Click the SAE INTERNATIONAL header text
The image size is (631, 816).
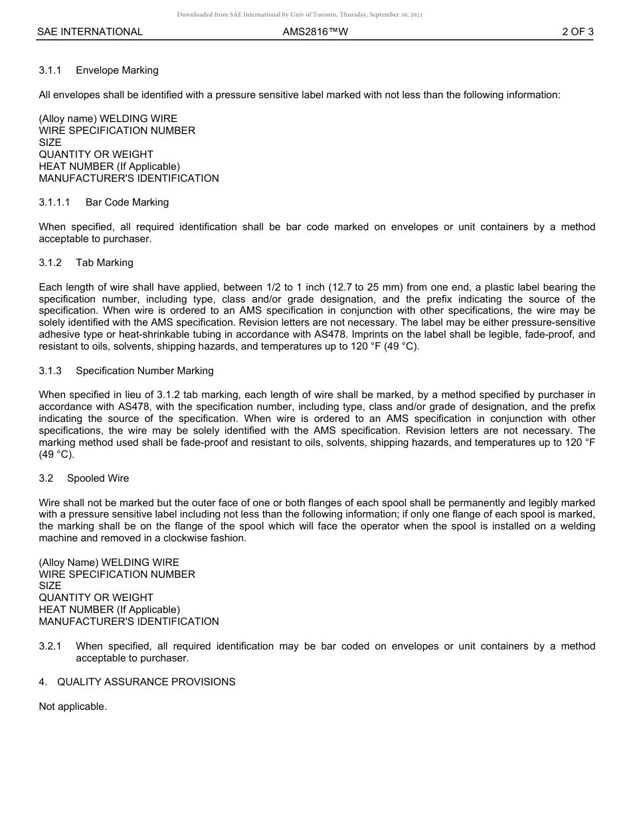pyautogui.click(x=90, y=32)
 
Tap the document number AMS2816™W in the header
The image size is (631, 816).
pyautogui.click(x=315, y=32)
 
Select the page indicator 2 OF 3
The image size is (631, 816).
pyautogui.click(x=577, y=32)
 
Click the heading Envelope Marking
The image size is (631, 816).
pyautogui.click(x=117, y=70)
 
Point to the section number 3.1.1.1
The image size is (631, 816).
pyautogui.click(x=54, y=202)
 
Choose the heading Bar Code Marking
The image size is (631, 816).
pyautogui.click(x=127, y=202)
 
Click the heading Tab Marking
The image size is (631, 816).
pyautogui.click(x=104, y=263)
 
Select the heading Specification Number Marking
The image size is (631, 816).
pyautogui.click(x=144, y=371)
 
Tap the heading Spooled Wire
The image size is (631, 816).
pyautogui.click(x=98, y=478)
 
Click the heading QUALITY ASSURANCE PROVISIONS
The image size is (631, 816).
pyautogui.click(x=146, y=682)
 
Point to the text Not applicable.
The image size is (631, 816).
pyautogui.click(x=72, y=707)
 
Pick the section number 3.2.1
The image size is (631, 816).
pyautogui.click(x=50, y=646)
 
